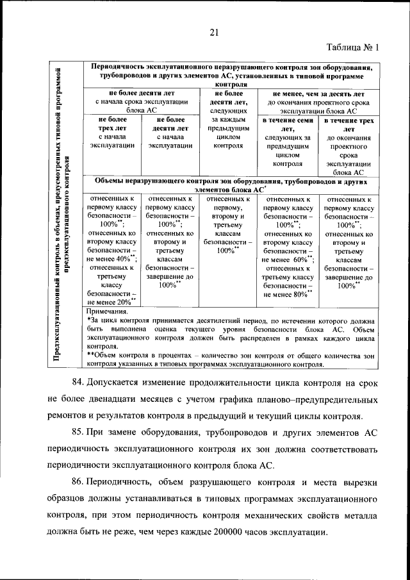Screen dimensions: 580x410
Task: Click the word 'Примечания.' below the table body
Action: point(106,312)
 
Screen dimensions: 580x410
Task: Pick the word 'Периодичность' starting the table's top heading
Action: point(120,67)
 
